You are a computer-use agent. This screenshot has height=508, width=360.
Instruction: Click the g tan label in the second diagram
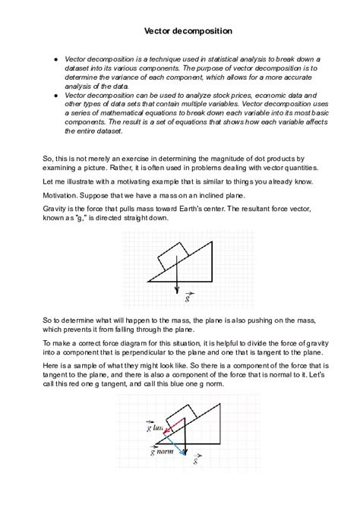coord(156,428)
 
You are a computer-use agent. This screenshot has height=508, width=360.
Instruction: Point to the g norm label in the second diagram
coord(161,451)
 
